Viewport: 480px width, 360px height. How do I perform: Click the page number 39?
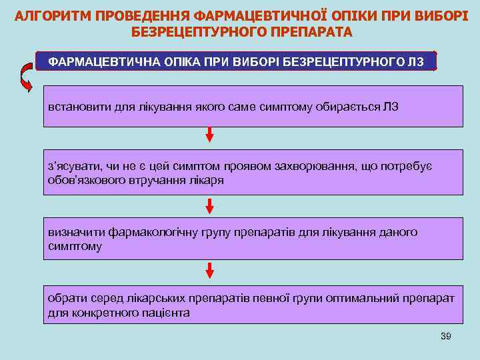pyautogui.click(x=446, y=336)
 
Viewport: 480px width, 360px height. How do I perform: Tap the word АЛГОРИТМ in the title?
pyautogui.click(x=53, y=15)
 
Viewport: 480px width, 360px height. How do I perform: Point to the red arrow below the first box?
pyautogui.click(x=209, y=134)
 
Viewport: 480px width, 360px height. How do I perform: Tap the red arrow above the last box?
pyautogui.click(x=209, y=269)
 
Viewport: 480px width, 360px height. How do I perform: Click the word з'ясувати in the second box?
pyautogui.click(x=71, y=165)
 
